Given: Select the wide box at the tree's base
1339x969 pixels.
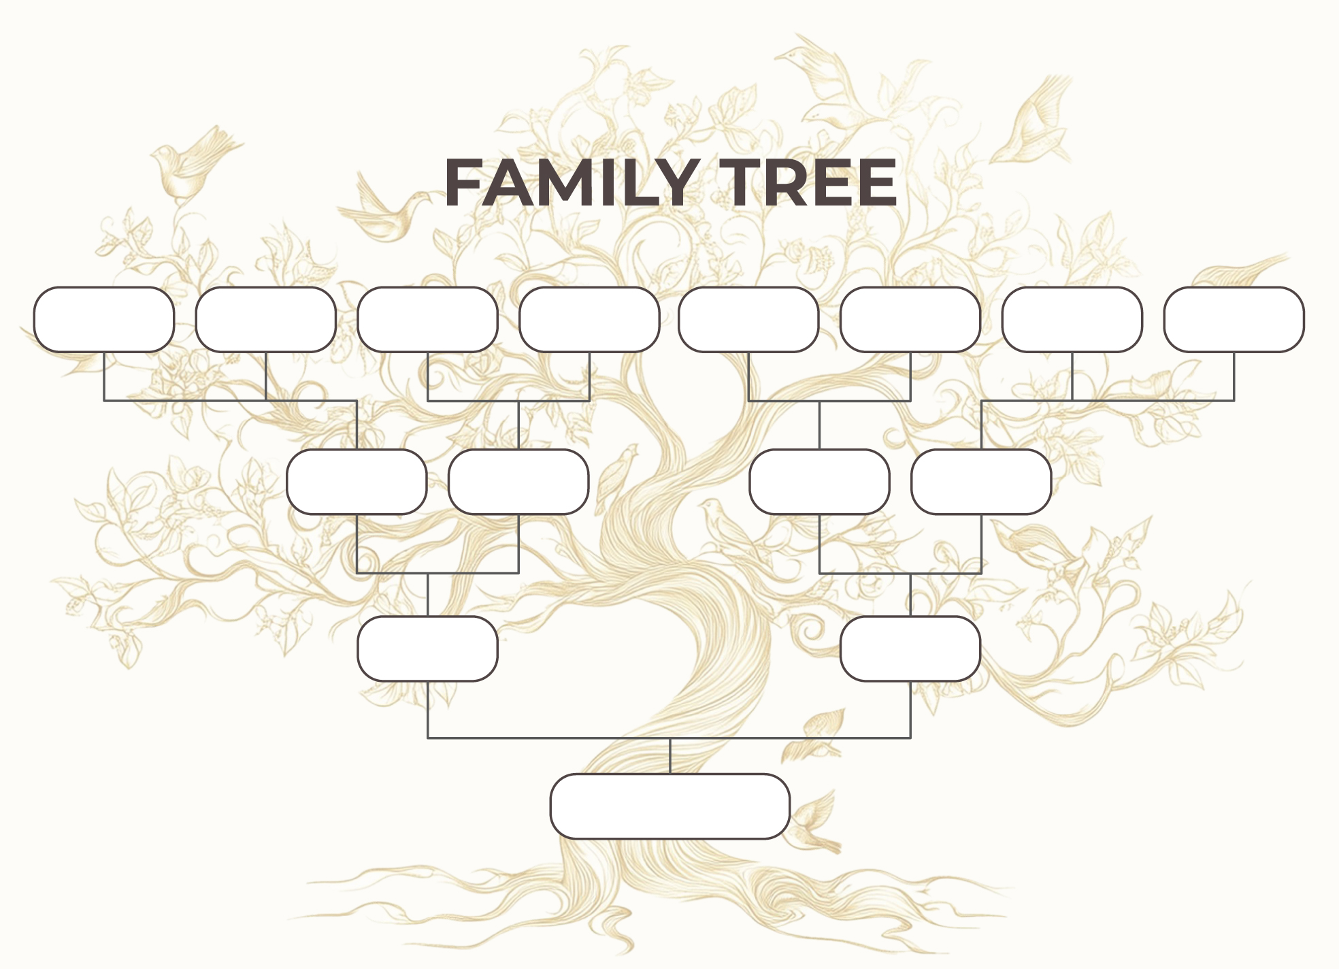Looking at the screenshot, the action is tap(670, 806).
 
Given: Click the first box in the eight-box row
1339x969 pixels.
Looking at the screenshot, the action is tap(104, 320).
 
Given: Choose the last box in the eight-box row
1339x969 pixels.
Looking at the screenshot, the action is tap(1234, 320).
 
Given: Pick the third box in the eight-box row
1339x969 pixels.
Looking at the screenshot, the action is tap(428, 320).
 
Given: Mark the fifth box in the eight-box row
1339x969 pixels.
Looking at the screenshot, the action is tap(748, 320).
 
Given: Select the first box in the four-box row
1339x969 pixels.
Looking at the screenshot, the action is tap(357, 482).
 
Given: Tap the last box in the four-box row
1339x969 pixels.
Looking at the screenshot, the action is tap(981, 482).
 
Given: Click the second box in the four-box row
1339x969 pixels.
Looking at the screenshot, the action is tap(518, 482).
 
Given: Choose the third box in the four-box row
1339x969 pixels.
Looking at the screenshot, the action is tap(819, 482).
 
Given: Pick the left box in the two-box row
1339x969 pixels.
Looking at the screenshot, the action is tap(428, 648).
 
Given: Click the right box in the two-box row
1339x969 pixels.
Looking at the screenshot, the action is tap(910, 648).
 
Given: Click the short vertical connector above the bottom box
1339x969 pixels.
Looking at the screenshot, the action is tap(670, 756).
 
